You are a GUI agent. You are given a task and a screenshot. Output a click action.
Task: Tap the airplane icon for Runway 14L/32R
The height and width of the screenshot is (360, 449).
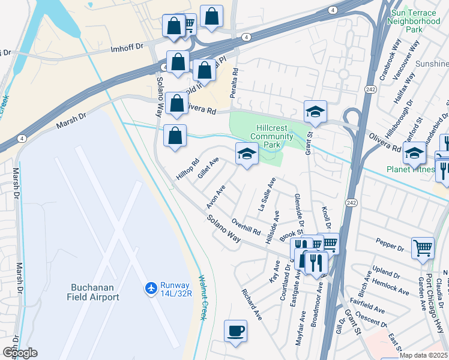(x=151, y=290)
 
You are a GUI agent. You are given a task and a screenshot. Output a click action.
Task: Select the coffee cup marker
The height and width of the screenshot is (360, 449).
(x=235, y=331)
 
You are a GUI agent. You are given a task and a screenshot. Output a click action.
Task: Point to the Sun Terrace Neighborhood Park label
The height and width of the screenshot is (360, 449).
(x=415, y=20)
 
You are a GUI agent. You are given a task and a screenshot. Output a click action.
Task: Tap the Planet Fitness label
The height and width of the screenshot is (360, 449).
(x=411, y=170)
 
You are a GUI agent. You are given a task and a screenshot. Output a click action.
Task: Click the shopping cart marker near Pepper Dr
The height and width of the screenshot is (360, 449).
(x=423, y=247)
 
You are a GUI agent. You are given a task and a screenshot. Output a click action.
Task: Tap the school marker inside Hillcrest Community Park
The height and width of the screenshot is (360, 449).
(x=246, y=154)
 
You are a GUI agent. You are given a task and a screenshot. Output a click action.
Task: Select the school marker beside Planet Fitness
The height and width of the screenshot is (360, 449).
(x=414, y=153)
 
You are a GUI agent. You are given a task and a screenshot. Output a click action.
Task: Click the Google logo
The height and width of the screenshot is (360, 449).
(x=20, y=353)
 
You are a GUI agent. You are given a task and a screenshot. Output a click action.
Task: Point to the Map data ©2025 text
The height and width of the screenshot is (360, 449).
(x=424, y=355)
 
